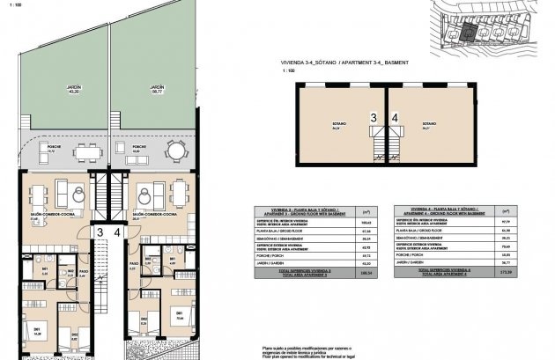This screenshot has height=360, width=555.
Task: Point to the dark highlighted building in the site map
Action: click(x=470, y=32)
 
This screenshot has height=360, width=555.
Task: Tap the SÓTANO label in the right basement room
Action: click(x=429, y=125)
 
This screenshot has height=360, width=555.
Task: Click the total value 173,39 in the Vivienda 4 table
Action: click(x=506, y=274)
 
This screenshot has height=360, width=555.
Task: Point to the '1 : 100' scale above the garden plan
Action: click(x=17, y=8)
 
